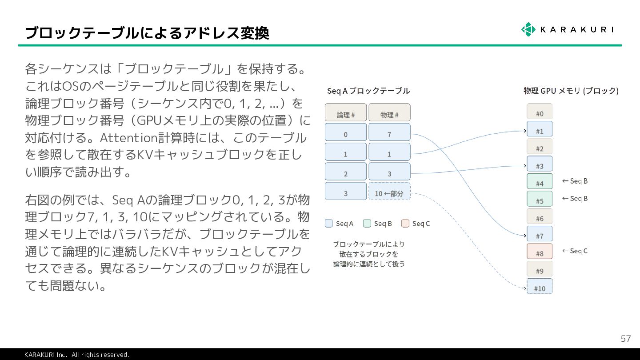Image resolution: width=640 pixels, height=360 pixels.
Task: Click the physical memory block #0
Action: coord(539,112)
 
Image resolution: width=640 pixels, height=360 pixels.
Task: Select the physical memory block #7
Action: coord(539,234)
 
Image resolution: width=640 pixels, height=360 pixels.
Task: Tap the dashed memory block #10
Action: coord(539,287)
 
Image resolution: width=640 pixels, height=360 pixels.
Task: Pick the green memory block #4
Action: coord(539,182)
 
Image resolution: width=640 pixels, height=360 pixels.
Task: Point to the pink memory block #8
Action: coord(539,252)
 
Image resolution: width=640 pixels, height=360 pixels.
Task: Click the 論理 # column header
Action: coord(345,113)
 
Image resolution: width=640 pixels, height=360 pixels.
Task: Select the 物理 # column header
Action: coord(389,113)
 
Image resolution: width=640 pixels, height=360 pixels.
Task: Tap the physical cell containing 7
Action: coord(389,132)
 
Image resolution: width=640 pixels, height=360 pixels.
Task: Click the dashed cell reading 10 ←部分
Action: coord(389,192)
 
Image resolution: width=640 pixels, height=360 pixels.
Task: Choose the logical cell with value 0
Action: coord(345,132)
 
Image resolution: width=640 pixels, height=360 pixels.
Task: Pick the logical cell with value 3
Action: coord(345,192)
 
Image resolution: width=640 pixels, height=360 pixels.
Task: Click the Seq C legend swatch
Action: coord(405,224)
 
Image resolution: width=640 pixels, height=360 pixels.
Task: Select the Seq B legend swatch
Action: coord(367,224)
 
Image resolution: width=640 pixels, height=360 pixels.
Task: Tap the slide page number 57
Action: coord(625,339)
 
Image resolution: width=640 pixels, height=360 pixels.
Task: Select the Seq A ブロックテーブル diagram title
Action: coord(368,91)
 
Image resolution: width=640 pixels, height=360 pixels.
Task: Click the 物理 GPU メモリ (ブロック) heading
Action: coord(571,91)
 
